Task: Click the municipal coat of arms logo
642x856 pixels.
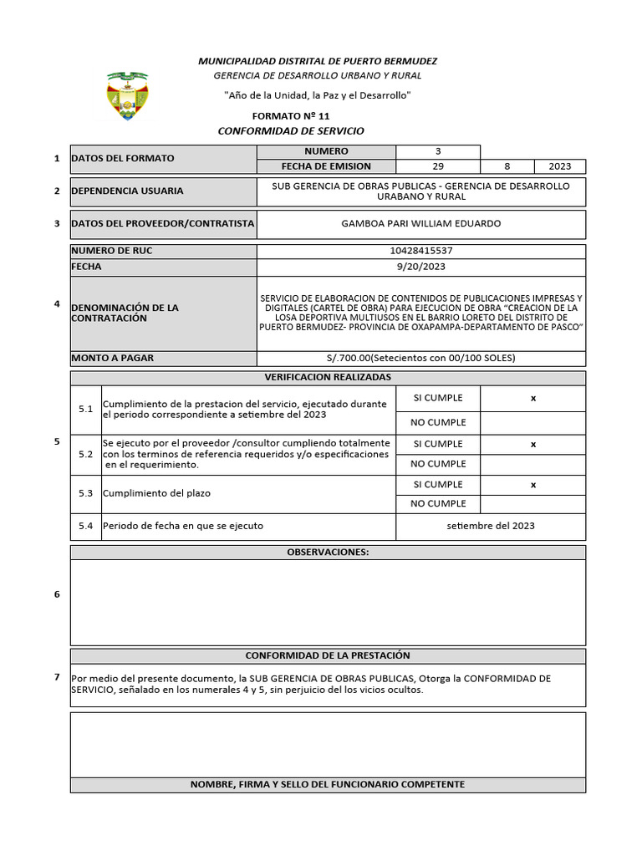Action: [x=128, y=96]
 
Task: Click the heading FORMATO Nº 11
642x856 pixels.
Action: [x=291, y=116]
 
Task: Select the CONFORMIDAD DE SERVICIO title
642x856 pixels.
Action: [x=291, y=131]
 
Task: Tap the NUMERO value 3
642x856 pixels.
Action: [x=437, y=151]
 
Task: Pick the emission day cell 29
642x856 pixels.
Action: [x=437, y=166]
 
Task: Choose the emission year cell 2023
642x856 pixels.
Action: [x=560, y=166]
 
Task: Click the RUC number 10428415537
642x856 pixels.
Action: [x=421, y=251]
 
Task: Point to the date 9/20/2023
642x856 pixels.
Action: [x=421, y=267]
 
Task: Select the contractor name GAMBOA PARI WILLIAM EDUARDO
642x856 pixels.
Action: [x=421, y=223]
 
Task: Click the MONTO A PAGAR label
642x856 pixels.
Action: [x=112, y=358]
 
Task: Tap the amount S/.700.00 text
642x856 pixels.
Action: [x=421, y=358]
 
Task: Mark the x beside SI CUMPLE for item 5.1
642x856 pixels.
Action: [x=532, y=399]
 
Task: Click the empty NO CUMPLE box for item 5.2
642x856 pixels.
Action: [x=532, y=464]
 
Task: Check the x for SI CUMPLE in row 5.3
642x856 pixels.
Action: [x=532, y=485]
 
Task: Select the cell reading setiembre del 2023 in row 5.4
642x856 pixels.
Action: [x=491, y=526]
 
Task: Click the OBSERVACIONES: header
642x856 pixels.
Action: [x=328, y=553]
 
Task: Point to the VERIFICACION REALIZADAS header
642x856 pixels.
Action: [x=328, y=378]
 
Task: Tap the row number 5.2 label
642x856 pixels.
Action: [x=85, y=455]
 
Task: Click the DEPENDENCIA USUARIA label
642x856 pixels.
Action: [x=127, y=191]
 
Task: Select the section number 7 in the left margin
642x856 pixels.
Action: [x=57, y=676]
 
